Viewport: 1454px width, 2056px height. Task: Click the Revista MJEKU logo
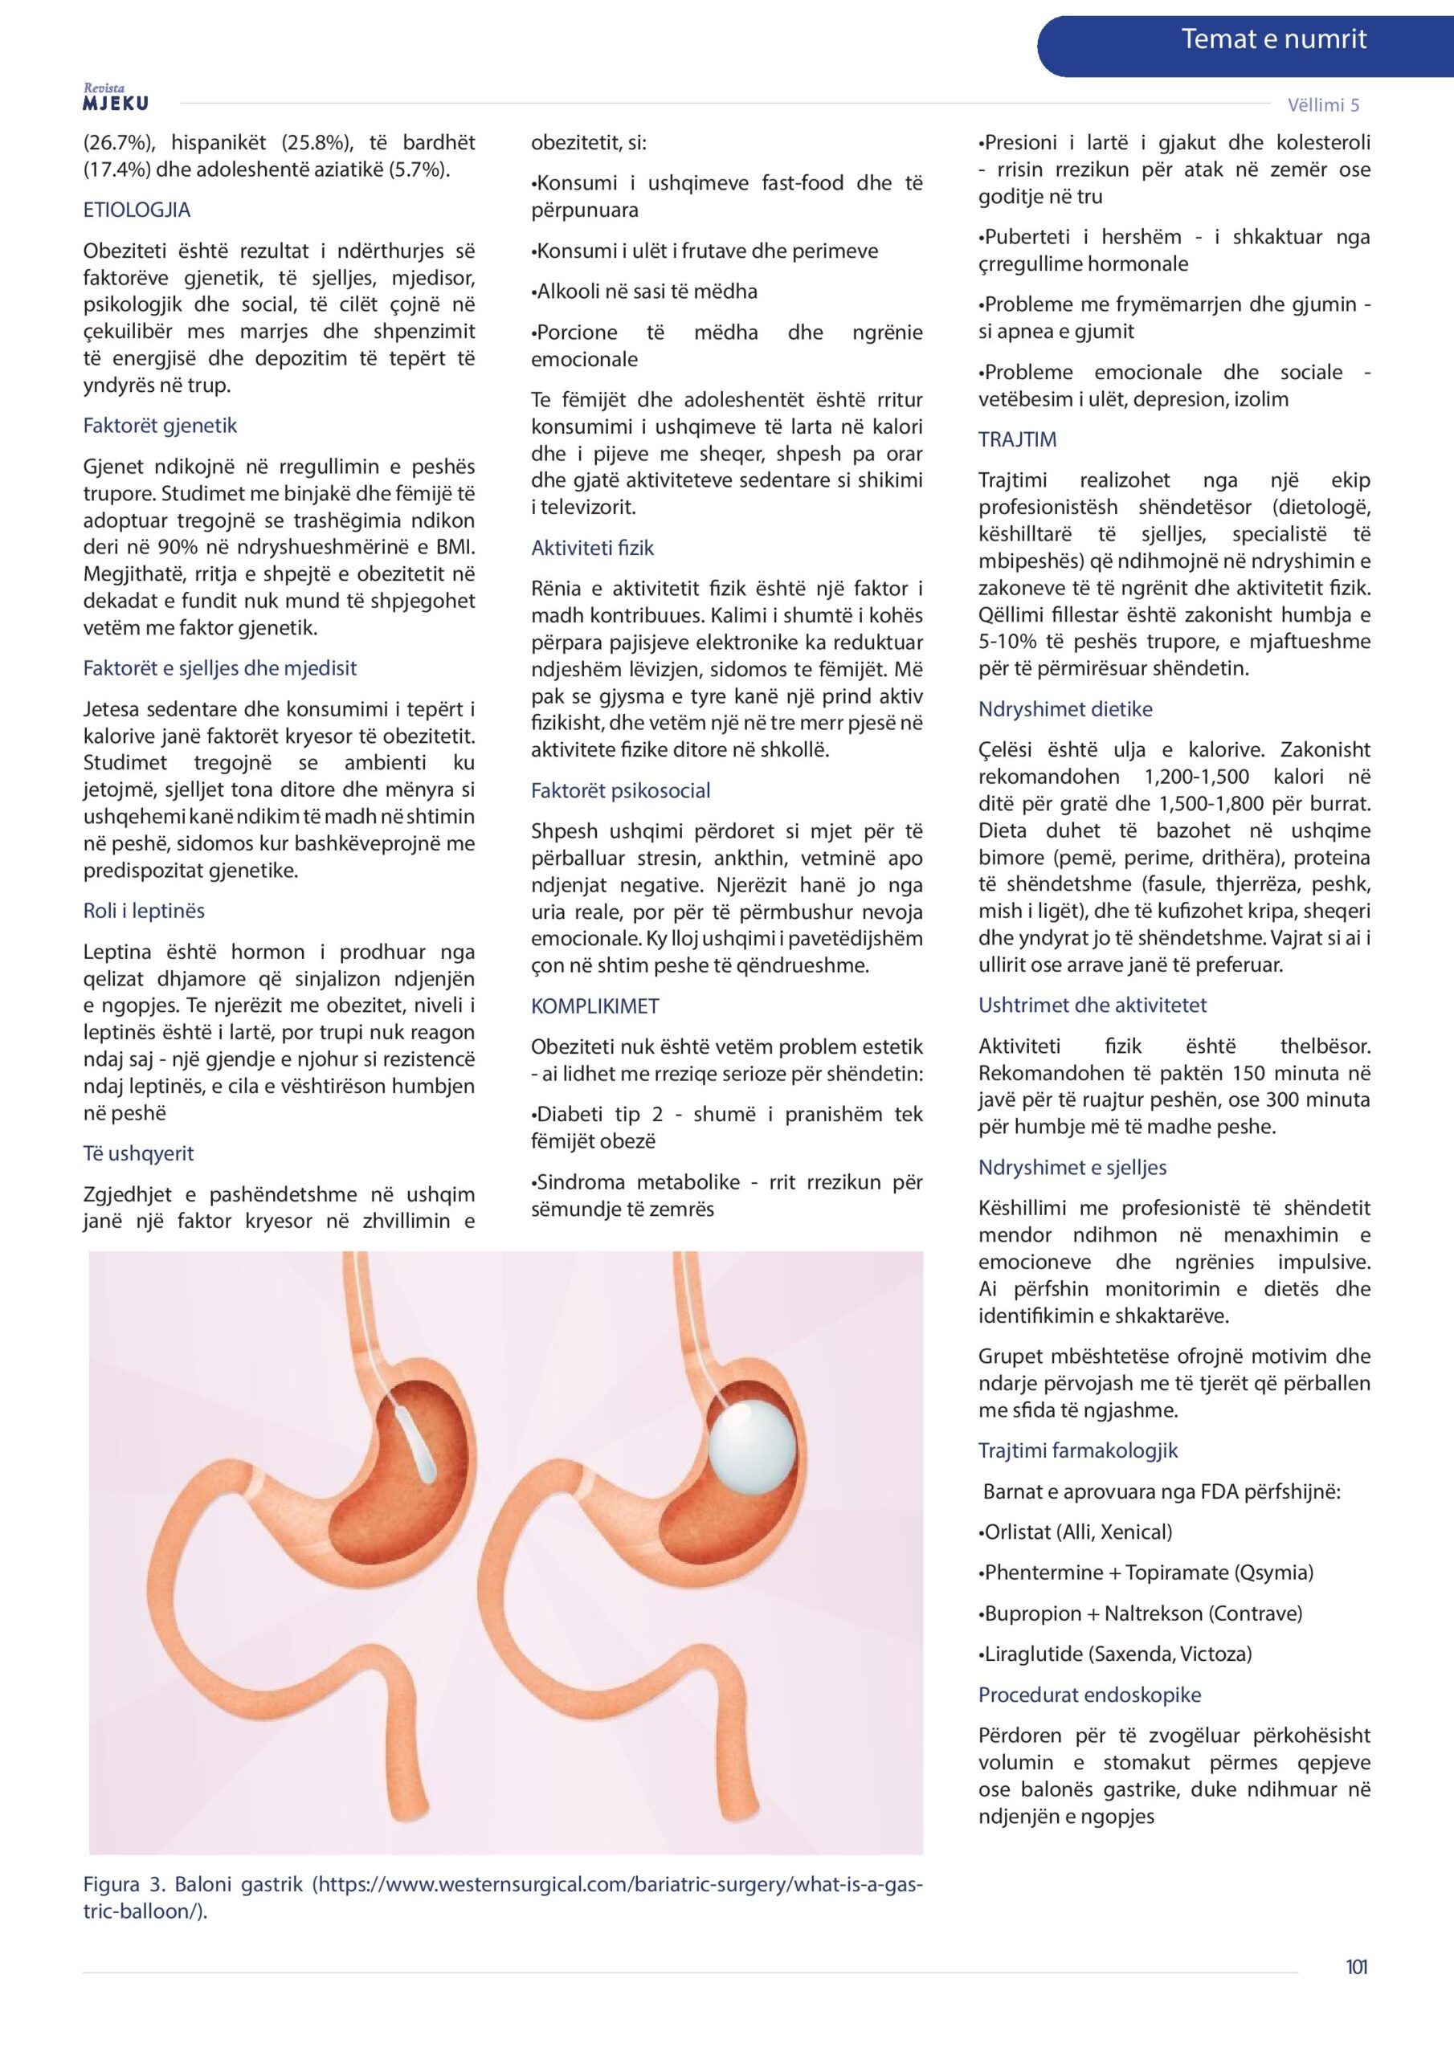[116, 98]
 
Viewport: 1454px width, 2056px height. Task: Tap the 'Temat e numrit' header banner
[1272, 39]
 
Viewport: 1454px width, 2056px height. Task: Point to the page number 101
[1355, 1967]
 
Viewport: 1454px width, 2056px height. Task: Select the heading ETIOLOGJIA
[137, 210]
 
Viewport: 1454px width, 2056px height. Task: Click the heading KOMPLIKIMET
[595, 1006]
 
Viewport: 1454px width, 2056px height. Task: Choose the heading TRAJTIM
[1017, 439]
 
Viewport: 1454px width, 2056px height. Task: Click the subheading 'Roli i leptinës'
[143, 911]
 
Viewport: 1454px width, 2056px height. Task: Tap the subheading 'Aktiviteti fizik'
[592, 548]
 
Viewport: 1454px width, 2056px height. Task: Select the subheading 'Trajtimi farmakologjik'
[1078, 1450]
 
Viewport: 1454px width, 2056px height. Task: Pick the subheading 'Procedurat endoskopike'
[1089, 1695]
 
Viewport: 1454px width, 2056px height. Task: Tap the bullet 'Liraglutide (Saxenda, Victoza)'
[1114, 1654]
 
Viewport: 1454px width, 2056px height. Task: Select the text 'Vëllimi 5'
[1322, 104]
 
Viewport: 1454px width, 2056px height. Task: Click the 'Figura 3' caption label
[124, 1884]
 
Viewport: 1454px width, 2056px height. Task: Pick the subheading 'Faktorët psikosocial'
[620, 791]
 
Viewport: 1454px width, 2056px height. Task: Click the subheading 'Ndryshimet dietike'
[1065, 709]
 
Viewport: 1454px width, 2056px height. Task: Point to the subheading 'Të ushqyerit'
[138, 1153]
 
